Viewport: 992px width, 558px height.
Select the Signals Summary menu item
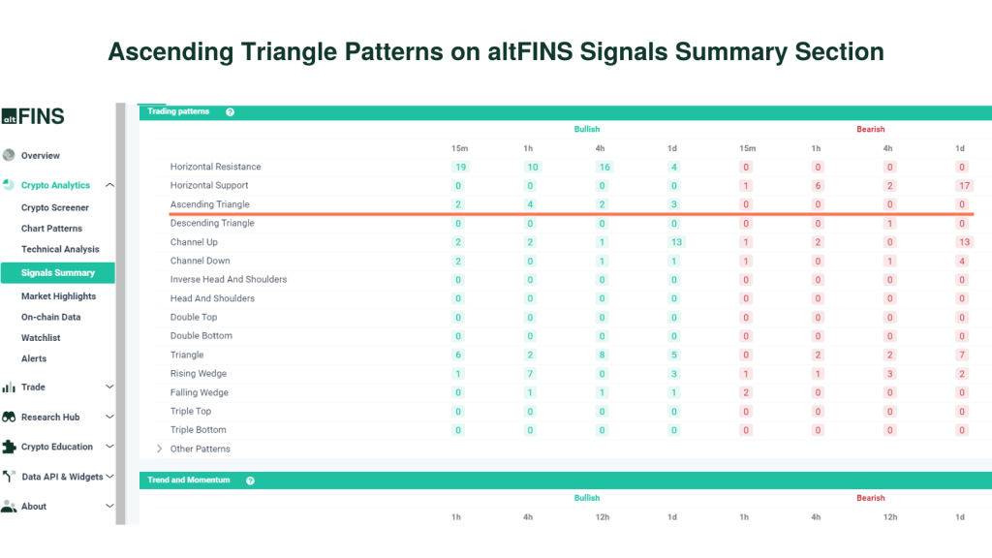[x=58, y=273]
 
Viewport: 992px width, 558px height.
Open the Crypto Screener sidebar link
[x=55, y=207]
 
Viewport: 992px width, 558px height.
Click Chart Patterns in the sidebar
[x=52, y=229]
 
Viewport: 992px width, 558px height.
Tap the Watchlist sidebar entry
[x=41, y=338]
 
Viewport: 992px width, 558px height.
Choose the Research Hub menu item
[x=50, y=417]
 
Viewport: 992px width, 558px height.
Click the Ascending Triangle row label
[x=209, y=204]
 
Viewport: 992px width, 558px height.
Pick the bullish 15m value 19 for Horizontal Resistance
[x=460, y=167]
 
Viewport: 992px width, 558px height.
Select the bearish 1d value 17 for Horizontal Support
[x=962, y=185]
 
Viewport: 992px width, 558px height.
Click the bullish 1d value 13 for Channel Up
[x=674, y=242]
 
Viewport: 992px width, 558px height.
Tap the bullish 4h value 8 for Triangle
[x=602, y=355]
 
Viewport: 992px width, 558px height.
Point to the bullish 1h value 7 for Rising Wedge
[x=530, y=374]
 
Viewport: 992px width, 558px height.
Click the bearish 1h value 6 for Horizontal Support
[x=818, y=185]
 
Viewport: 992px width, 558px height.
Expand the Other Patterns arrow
[x=160, y=449]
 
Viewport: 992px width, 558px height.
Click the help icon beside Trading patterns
[x=230, y=112]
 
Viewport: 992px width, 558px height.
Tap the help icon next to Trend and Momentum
[x=250, y=480]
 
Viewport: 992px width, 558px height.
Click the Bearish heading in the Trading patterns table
[x=870, y=129]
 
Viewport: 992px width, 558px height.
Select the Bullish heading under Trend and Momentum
[x=586, y=498]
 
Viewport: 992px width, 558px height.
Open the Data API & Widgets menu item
[x=62, y=477]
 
